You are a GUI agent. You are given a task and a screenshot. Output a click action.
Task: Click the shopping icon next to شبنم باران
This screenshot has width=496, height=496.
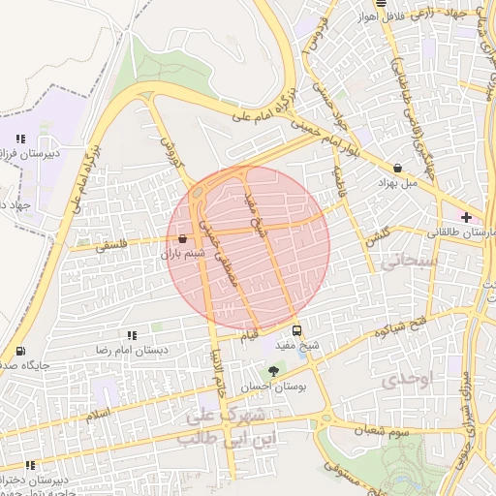(x=182, y=238)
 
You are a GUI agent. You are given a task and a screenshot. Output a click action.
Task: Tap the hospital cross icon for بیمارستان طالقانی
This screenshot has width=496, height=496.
(x=468, y=217)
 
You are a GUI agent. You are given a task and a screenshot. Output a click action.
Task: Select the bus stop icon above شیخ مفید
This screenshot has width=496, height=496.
(x=308, y=329)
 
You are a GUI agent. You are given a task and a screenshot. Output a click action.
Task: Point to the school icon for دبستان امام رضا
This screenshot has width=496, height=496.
(x=131, y=335)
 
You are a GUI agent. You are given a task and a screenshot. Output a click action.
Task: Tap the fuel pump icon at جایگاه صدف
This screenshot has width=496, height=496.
(x=21, y=351)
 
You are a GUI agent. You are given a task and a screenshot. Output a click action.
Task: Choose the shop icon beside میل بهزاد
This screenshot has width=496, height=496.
(x=398, y=168)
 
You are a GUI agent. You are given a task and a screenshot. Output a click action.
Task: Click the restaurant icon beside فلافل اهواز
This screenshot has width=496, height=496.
(x=354, y=5)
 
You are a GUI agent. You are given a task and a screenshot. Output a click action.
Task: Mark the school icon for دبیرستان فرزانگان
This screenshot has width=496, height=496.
(x=21, y=139)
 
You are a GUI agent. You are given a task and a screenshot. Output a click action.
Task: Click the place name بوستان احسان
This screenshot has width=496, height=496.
(x=272, y=387)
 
